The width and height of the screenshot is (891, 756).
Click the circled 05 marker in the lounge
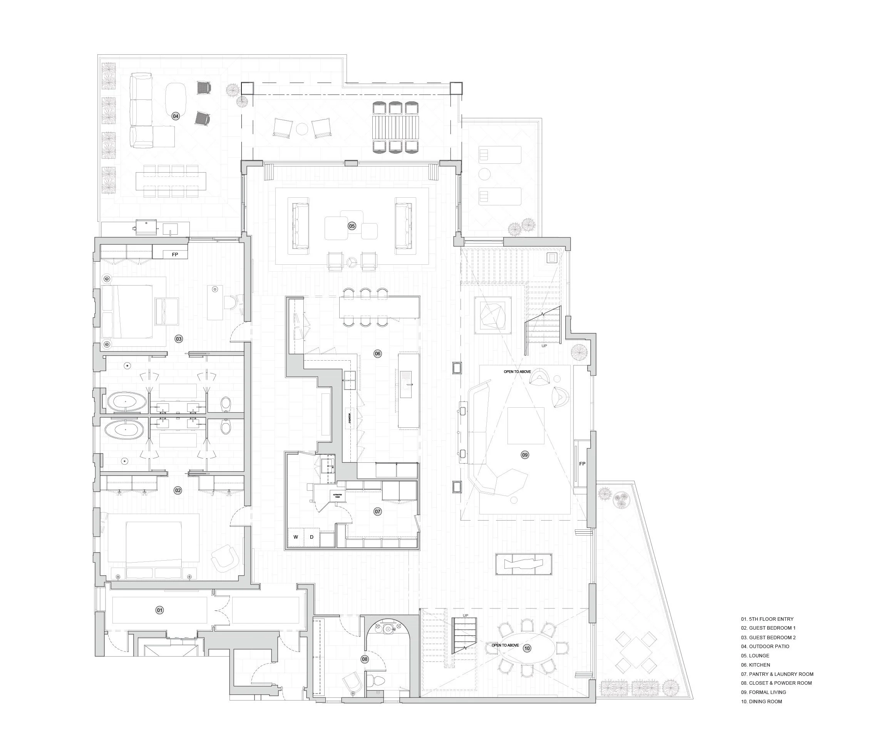tap(352, 226)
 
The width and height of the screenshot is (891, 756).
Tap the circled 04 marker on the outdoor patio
tap(175, 116)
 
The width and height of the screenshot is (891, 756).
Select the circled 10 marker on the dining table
tap(527, 648)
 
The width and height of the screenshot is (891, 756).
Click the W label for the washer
tap(295, 537)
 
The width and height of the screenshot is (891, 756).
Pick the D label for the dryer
tap(312, 537)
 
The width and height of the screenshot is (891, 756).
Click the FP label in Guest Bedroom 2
tap(175, 255)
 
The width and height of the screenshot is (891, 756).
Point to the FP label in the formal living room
tap(582, 464)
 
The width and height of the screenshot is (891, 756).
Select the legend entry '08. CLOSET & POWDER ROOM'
tap(776, 683)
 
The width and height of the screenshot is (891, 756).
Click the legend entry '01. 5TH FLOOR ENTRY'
tap(767, 619)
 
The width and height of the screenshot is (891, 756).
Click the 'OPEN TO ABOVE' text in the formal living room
tap(517, 371)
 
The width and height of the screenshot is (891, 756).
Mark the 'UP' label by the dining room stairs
tap(466, 615)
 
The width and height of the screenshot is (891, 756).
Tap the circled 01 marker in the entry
tap(159, 610)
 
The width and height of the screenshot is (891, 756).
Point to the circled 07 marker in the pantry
tap(378, 511)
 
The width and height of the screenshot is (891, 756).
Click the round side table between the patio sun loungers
tap(484, 174)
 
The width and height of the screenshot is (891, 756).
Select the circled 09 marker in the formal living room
tap(525, 455)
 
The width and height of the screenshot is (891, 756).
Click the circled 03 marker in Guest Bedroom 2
tap(179, 339)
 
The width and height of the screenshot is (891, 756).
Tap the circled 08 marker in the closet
tap(364, 659)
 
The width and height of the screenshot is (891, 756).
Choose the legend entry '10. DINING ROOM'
tap(761, 702)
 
